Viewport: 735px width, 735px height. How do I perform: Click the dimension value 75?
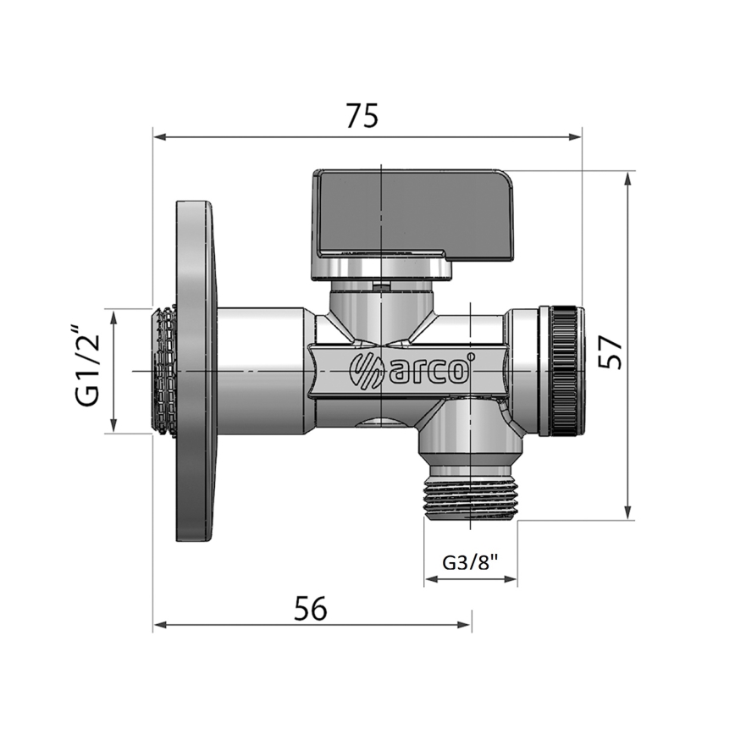coord(362,116)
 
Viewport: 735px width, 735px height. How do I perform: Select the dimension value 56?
coord(310,607)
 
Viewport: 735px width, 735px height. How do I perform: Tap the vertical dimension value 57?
coord(611,348)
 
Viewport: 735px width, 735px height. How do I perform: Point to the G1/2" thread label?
coord(88,370)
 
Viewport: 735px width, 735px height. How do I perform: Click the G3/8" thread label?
coord(470,561)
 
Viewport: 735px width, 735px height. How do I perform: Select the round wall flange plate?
coord(195,371)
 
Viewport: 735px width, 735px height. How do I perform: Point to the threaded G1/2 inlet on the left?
coord(165,371)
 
